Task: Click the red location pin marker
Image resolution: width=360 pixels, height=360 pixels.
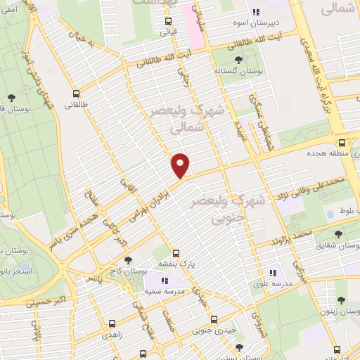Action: click(x=181, y=165)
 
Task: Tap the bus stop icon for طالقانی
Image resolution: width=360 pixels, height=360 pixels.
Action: click(x=76, y=93)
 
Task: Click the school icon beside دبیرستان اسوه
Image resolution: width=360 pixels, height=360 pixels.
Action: click(x=257, y=12)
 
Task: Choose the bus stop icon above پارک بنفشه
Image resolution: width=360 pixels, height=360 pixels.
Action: click(x=176, y=252)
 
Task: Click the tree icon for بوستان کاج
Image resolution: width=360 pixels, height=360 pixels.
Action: click(x=127, y=260)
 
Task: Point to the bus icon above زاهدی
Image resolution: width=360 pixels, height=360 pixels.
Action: click(x=112, y=324)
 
